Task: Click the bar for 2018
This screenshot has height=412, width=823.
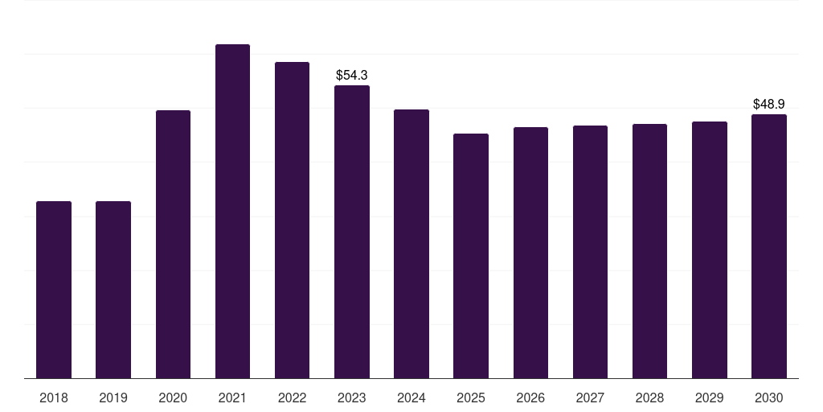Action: (54, 290)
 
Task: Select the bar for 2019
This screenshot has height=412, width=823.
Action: (113, 290)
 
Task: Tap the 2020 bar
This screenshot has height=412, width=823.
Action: (173, 244)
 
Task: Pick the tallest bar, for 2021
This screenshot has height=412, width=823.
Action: (232, 211)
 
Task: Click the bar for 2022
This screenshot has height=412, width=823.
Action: (292, 220)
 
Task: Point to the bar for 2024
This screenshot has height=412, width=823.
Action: (411, 244)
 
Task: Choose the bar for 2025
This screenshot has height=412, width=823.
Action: (471, 256)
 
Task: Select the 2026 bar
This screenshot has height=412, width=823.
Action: (530, 253)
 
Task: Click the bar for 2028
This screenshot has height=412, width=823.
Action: (649, 251)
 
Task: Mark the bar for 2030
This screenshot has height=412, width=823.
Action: (769, 246)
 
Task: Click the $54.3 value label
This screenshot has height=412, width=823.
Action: (352, 75)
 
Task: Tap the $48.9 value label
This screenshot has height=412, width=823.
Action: (769, 104)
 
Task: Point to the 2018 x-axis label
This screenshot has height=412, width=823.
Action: (54, 398)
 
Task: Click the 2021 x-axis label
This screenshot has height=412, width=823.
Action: (232, 398)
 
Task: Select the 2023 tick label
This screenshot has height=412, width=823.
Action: (352, 398)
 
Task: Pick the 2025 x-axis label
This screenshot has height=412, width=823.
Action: (471, 398)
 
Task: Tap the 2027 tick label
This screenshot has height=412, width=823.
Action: (590, 398)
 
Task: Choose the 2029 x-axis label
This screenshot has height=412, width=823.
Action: (710, 398)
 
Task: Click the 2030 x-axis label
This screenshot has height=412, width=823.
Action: (769, 398)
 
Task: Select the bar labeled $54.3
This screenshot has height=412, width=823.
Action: (352, 232)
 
